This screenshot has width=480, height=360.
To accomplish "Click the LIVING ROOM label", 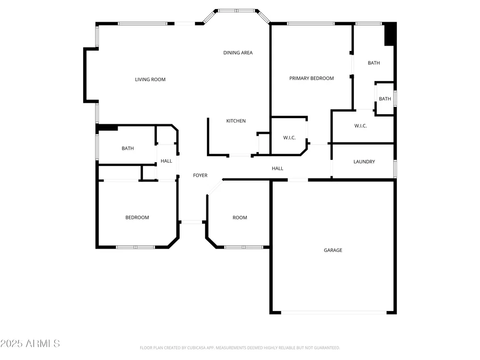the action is pos(150,80).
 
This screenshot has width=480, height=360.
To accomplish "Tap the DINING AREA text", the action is pos(238,53).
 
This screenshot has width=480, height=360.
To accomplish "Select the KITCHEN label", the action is pos(236,121).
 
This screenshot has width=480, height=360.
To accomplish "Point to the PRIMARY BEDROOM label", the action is pos(312,78).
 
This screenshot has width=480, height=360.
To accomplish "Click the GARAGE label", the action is pos(333,250).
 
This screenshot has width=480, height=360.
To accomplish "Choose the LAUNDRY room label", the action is pos(364,162).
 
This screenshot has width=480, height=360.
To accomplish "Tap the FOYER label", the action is pos(200,175).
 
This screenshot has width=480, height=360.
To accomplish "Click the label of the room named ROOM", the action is pos(240,217).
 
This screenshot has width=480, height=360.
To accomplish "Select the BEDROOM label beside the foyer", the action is pos(137,217).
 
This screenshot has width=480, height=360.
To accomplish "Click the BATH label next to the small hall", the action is pos(128,148).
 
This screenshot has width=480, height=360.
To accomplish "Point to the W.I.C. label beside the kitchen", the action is pos(289,138).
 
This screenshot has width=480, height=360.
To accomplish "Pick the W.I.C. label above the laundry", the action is pos(360,126).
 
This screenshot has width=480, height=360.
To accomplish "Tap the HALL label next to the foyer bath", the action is pos(166,161).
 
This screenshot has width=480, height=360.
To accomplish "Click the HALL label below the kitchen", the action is pos(277,168).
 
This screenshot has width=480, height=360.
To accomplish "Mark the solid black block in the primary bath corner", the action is pos(389,34).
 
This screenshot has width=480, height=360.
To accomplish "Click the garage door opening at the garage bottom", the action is pos(334,312).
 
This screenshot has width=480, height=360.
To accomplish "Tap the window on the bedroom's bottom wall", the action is pos(136,247).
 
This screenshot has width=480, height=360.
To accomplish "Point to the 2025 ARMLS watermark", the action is pos(30,344).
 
